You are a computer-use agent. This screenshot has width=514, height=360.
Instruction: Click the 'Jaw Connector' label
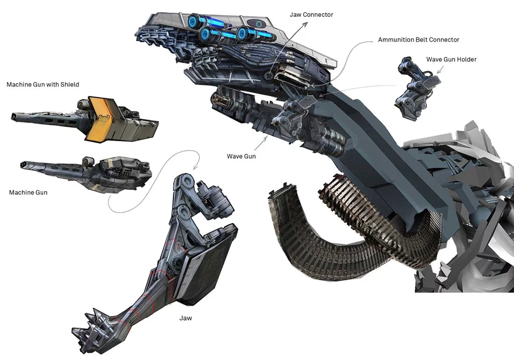click(311, 15)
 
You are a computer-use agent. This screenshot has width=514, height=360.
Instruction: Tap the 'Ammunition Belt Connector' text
click(419, 40)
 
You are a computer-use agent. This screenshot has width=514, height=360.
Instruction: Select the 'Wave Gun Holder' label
click(451, 59)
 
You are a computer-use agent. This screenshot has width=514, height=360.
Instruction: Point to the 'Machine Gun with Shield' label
click(43, 85)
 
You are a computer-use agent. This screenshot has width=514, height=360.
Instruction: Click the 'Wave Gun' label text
click(241, 157)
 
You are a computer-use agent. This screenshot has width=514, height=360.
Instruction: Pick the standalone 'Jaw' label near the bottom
click(186, 318)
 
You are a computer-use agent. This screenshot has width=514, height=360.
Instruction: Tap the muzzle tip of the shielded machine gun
click(13, 116)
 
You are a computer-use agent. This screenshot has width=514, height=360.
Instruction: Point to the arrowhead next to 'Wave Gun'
click(265, 138)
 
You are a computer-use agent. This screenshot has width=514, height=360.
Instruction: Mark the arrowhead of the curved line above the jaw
click(195, 167)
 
